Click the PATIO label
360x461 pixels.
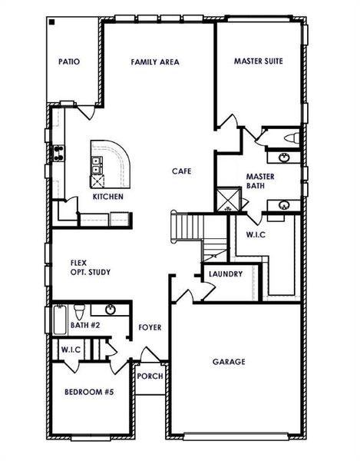(x=69, y=62)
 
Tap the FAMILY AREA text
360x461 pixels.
(x=154, y=62)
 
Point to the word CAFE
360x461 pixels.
(x=181, y=171)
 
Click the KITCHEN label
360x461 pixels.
(x=108, y=197)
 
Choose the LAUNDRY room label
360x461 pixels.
(x=225, y=274)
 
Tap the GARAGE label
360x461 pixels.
(x=229, y=361)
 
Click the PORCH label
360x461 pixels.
(x=150, y=377)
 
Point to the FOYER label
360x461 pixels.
(x=150, y=327)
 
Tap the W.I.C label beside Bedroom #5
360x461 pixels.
(x=71, y=350)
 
